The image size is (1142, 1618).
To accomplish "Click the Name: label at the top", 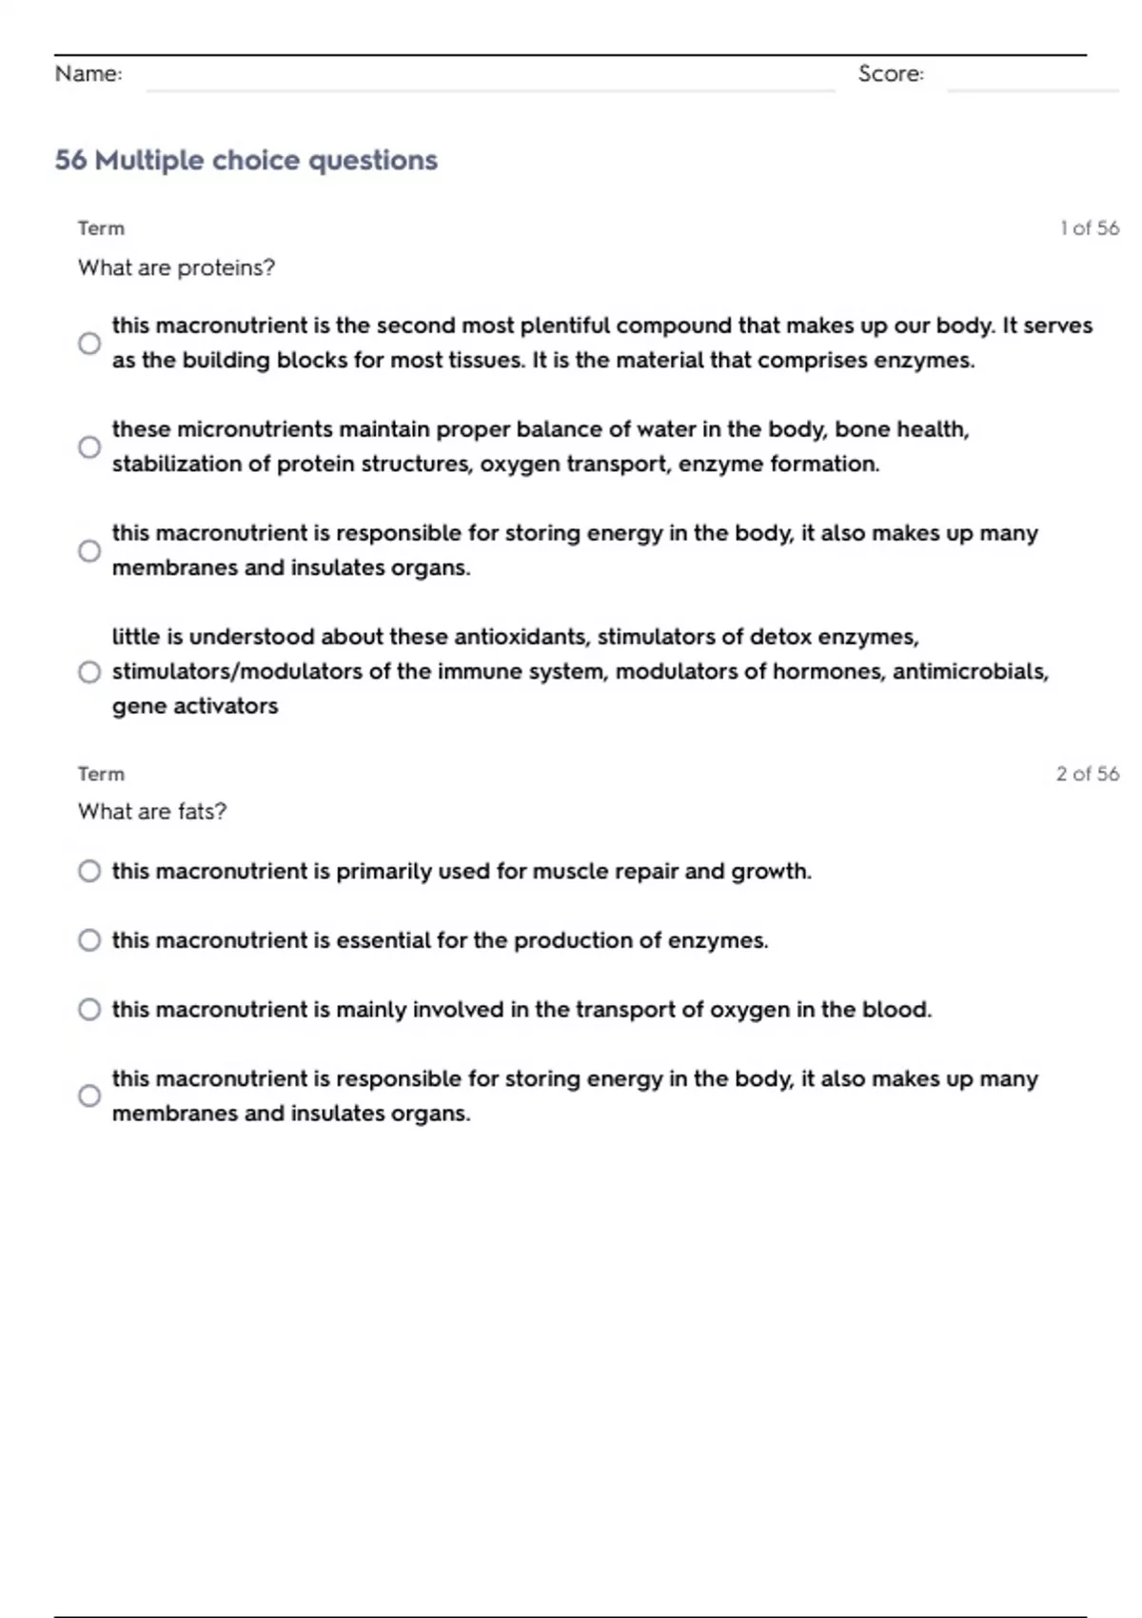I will click(89, 74).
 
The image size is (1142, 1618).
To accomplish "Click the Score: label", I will click(891, 74).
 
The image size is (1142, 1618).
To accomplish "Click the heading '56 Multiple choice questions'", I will click(246, 160).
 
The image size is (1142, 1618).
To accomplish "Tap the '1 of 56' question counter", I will click(1089, 228).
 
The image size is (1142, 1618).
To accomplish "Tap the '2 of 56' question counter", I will click(1087, 774).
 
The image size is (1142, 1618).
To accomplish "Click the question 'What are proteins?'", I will click(176, 268).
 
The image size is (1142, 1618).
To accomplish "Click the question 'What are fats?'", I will click(152, 812).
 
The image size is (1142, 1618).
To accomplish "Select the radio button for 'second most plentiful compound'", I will click(89, 344).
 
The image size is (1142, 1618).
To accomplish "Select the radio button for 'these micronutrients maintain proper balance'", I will click(89, 447).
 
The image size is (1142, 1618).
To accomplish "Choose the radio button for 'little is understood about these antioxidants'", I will click(89, 672).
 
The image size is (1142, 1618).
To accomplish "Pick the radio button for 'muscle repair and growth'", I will click(89, 872).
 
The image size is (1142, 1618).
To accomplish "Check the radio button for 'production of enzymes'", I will click(89, 940).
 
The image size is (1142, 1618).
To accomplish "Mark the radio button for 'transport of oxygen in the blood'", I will click(89, 1010).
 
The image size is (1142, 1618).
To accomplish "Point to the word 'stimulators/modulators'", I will click(237, 672).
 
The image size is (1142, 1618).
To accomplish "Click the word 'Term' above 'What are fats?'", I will click(101, 774).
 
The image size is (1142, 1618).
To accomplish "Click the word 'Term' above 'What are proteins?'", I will click(101, 228).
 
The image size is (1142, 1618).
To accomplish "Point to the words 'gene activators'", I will click(195, 706).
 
